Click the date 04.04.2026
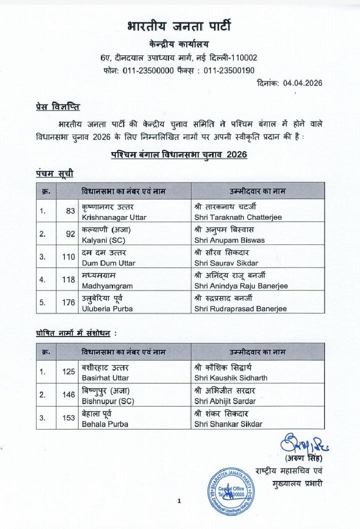pos(289,83)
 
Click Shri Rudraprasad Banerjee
pos(240,309)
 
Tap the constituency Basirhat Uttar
pos(103,378)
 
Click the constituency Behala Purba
pos(104,424)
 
